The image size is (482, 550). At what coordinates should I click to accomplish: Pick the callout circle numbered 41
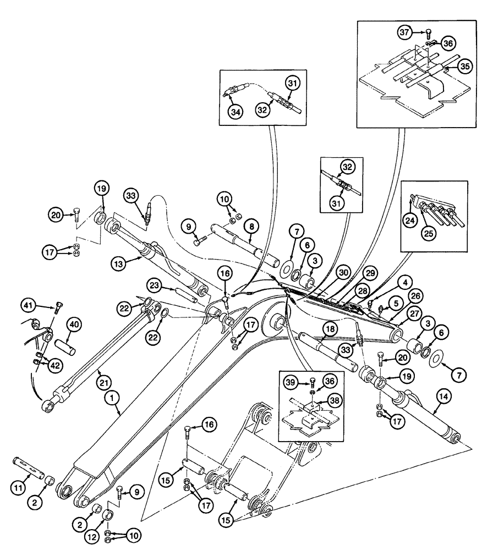pos(31,303)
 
